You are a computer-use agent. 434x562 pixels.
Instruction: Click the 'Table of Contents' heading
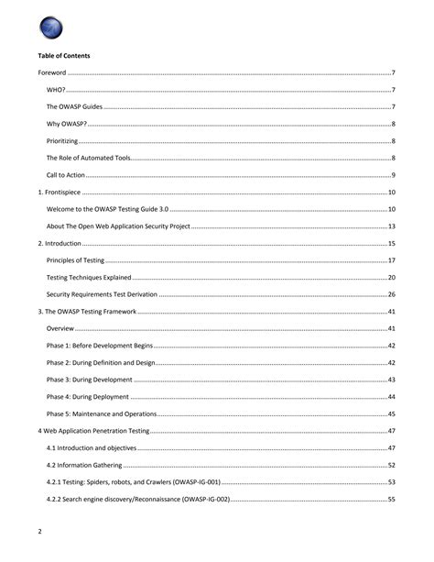[x=63, y=56]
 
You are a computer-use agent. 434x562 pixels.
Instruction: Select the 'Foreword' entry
[x=51, y=72]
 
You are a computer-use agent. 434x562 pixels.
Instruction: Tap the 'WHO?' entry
[x=56, y=90]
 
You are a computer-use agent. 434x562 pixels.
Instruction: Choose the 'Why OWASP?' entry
[x=66, y=124]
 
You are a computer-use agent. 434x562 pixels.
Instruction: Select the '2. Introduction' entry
[x=60, y=243]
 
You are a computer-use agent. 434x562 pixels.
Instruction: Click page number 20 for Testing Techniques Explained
[x=391, y=277]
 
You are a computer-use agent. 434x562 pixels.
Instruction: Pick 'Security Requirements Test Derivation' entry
[x=102, y=294]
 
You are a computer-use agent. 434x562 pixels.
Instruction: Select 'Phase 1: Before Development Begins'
[x=99, y=346]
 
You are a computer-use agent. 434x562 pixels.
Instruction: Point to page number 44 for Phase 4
[x=391, y=397]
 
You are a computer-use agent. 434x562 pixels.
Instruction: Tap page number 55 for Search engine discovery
[x=391, y=499]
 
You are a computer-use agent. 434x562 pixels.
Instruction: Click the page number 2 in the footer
[x=39, y=532]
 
